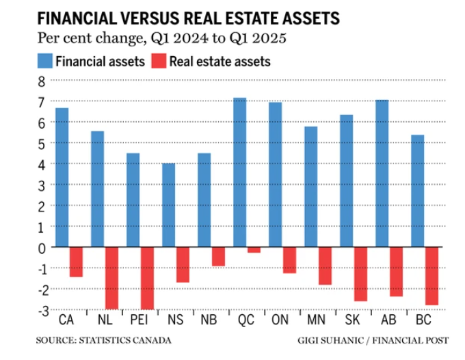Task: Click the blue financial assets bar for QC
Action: click(239, 172)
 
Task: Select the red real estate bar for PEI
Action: click(147, 278)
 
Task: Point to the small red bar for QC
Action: click(254, 250)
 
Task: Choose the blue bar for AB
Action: click(382, 173)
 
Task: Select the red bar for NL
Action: click(111, 278)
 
